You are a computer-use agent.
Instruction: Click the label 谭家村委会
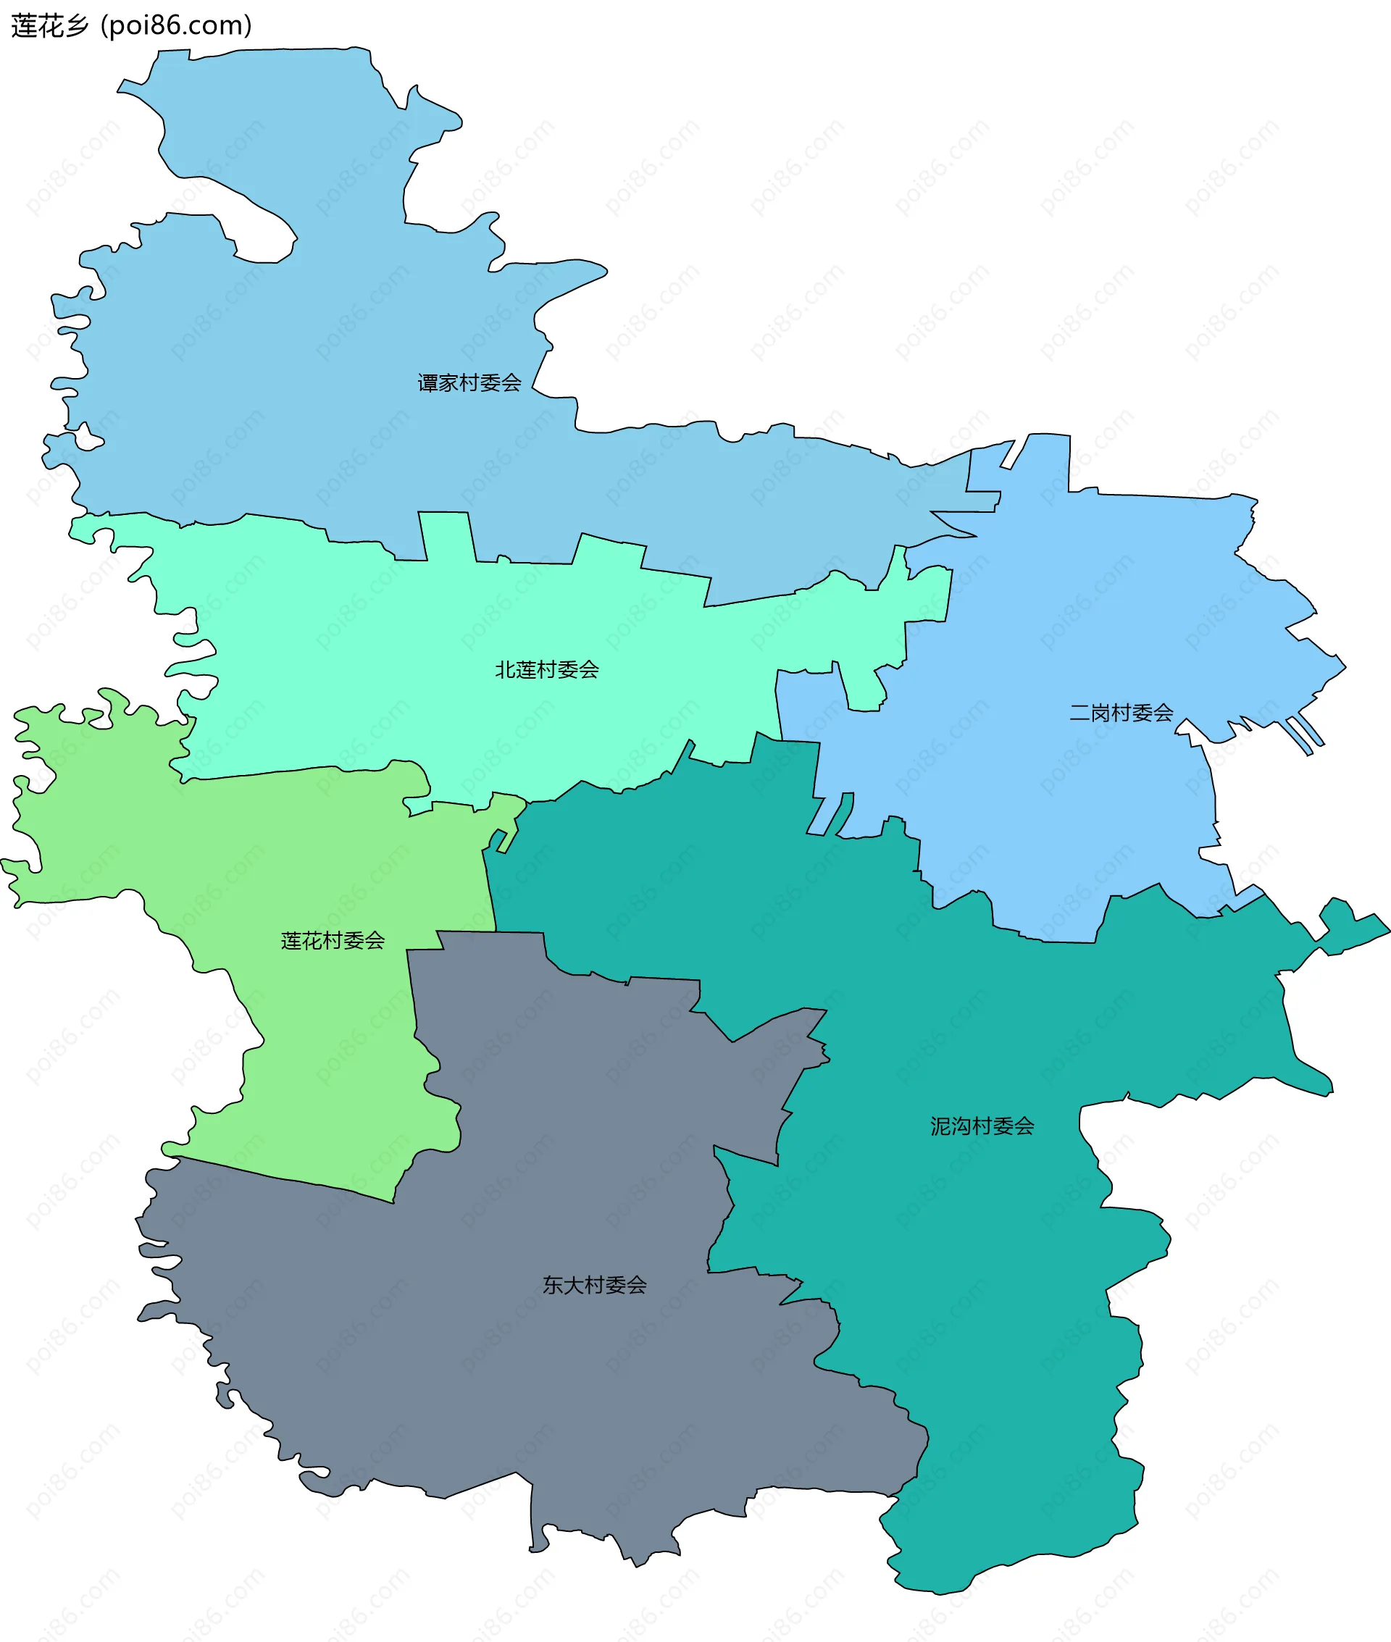pyautogui.click(x=469, y=383)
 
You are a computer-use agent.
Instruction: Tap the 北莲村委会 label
pyautogui.click(x=546, y=670)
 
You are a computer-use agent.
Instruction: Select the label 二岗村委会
pyautogui.click(x=1121, y=713)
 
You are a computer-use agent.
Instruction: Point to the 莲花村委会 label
pyautogui.click(x=332, y=940)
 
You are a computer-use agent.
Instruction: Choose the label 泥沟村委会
pyautogui.click(x=982, y=1126)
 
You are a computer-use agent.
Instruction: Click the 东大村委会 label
pyautogui.click(x=594, y=1286)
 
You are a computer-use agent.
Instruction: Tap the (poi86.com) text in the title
pyautogui.click(x=177, y=26)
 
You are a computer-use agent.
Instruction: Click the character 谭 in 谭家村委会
pyautogui.click(x=427, y=383)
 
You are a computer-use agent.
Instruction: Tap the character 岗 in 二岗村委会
pyautogui.click(x=1099, y=713)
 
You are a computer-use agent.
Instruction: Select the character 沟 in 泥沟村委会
pyautogui.click(x=961, y=1126)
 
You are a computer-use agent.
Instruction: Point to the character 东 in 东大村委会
pyautogui.click(x=552, y=1286)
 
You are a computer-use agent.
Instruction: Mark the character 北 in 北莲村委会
pyautogui.click(x=505, y=670)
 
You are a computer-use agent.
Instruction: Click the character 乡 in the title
pyautogui.click(x=78, y=26)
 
